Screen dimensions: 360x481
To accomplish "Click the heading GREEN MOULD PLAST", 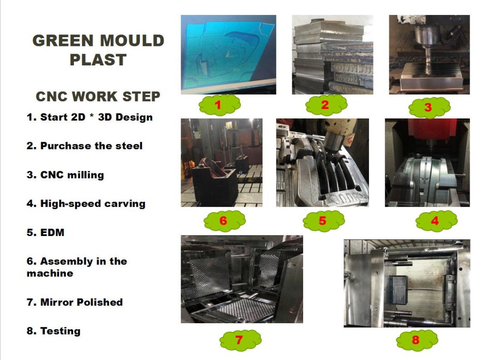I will coord(98,50).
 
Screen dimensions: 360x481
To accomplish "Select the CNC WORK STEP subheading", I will coord(98,97).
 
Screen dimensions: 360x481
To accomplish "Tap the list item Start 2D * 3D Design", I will coord(89,117).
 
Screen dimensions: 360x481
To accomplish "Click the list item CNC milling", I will coord(65,175).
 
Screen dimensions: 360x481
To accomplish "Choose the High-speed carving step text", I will coord(86,203).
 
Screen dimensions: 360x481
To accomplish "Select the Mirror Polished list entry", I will coord(74,302).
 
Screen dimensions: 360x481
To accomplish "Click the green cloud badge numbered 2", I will coord(325,105).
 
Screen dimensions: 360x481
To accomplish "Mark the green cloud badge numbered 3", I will coord(428,108).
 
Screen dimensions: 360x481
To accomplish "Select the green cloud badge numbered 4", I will coord(435,221).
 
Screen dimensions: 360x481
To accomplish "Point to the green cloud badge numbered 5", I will coord(322,221).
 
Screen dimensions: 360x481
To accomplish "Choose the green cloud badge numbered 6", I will coord(223,221).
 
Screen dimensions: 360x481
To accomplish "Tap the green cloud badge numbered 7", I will coord(239,340).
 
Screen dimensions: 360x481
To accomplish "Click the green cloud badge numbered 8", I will coord(416,340).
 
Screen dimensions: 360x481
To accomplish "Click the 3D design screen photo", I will coord(228,54).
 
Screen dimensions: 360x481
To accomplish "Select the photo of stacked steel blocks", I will coord(332,54).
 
